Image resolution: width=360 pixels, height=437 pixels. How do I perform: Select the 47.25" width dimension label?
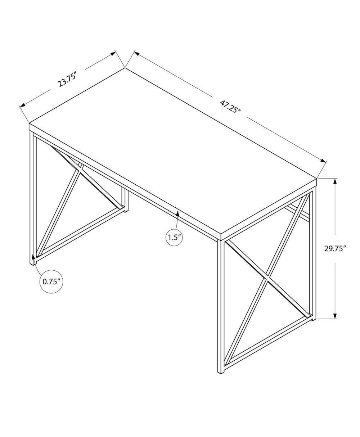pyautogui.click(x=230, y=107)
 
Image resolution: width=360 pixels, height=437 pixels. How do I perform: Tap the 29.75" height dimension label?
pyautogui.click(x=335, y=249)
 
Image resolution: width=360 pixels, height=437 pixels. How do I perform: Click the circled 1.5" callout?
pyautogui.click(x=174, y=237)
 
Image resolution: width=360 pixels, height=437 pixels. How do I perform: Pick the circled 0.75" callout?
pyautogui.click(x=51, y=281)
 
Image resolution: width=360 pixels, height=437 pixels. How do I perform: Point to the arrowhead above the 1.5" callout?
pyautogui.click(x=177, y=213)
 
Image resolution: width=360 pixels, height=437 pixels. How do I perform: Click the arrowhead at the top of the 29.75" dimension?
pyautogui.click(x=335, y=181)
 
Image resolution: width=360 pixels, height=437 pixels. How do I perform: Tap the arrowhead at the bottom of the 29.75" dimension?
pyautogui.click(x=335, y=316)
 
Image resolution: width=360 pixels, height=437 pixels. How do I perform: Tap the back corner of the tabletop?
pyautogui.click(x=125, y=68)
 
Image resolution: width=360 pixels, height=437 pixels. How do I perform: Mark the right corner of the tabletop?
pyautogui.click(x=317, y=178)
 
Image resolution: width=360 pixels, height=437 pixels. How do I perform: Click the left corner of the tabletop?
pyautogui.click(x=29, y=123)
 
